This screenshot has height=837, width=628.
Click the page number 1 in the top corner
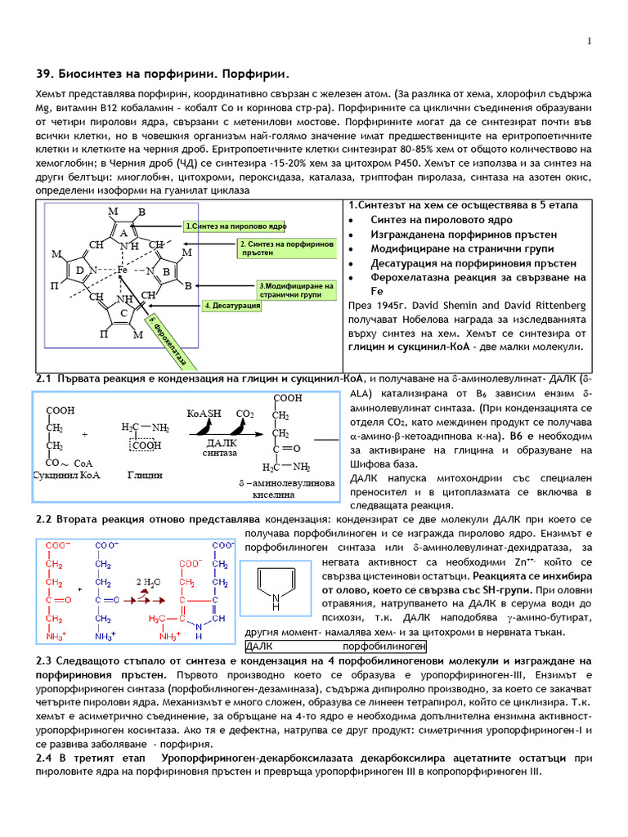pyautogui.click(x=589, y=42)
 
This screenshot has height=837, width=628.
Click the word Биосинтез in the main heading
pyautogui.click(x=91, y=75)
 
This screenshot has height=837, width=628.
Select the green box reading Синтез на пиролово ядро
pyautogui.click(x=235, y=226)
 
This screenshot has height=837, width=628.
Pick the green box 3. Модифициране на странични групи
pyautogui.click(x=284, y=290)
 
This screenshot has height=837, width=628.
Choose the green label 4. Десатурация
pyautogui.click(x=232, y=306)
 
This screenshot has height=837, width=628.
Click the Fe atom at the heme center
pyautogui.click(x=121, y=269)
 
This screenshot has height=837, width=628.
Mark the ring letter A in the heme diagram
pyautogui.click(x=123, y=233)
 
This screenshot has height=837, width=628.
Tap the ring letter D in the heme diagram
pyautogui.click(x=79, y=271)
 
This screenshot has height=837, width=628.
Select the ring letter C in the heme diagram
pyautogui.click(x=123, y=313)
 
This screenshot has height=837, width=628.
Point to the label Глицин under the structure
pyautogui.click(x=145, y=475)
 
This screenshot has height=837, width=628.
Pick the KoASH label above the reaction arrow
pyautogui.click(x=204, y=414)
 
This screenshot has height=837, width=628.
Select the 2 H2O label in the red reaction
pyautogui.click(x=148, y=582)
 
